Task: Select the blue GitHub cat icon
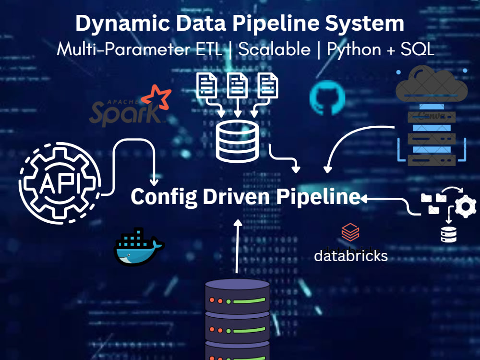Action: pyautogui.click(x=327, y=97)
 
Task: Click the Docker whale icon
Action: pyautogui.click(x=139, y=247)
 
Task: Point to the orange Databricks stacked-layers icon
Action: pyautogui.click(x=350, y=232)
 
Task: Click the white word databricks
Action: pyautogui.click(x=351, y=256)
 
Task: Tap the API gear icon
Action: pyautogui.click(x=60, y=183)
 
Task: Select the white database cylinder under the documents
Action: pyautogui.click(x=237, y=141)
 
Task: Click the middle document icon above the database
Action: pyautogui.click(x=237, y=85)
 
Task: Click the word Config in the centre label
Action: pyautogui.click(x=164, y=197)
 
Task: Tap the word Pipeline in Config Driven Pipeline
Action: pyautogui.click(x=318, y=196)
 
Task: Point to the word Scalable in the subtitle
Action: pyautogui.click(x=274, y=49)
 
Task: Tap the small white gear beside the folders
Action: pyautogui.click(x=466, y=206)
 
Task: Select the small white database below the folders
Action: pyautogui.click(x=449, y=235)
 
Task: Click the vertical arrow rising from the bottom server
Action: pyautogui.click(x=237, y=246)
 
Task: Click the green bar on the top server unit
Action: pyautogui.click(x=249, y=300)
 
